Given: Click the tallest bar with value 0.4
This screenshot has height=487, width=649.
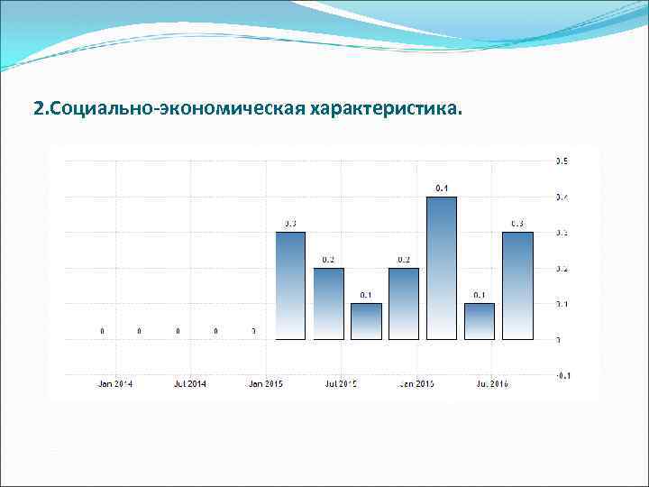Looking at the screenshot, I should click(x=442, y=268).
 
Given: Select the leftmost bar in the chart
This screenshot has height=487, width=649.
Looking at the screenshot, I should click(x=290, y=285).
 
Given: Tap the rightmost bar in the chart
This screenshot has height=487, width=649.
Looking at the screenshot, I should click(x=517, y=285).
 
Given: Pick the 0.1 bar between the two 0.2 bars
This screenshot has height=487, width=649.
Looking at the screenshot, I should click(x=366, y=321).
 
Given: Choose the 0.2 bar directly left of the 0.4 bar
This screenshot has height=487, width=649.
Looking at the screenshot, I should click(x=404, y=303).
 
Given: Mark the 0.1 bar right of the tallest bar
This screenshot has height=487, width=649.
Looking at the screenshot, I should click(x=480, y=321).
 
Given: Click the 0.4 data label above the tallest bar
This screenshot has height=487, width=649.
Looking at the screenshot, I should click(x=442, y=188).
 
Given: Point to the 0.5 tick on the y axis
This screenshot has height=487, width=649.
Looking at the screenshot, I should click(x=561, y=161).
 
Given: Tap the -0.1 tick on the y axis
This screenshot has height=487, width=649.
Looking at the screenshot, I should click(x=561, y=375).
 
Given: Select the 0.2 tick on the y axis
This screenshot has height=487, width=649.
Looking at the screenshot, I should click(x=561, y=269).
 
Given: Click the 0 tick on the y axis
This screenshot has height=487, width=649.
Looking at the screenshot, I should click(x=559, y=340).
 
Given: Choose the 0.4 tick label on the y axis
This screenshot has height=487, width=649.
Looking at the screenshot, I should click(x=561, y=198).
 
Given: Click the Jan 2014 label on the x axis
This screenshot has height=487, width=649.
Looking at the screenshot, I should click(x=114, y=384).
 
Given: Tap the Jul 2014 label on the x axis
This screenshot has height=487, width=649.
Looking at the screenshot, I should click(x=190, y=384).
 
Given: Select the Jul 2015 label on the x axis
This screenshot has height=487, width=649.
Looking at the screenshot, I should click(x=341, y=384).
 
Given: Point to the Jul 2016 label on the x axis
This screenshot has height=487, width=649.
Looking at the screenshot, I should click(x=492, y=384).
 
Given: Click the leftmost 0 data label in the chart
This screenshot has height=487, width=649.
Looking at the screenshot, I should click(x=102, y=331).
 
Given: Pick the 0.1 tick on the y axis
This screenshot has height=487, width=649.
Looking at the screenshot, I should click(x=561, y=304).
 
